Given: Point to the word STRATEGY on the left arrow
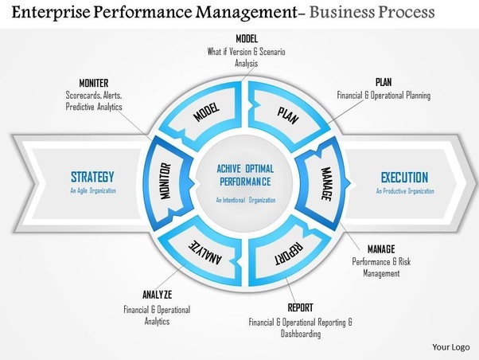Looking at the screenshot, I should click(x=92, y=177).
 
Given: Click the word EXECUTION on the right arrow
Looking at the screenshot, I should click(x=403, y=177).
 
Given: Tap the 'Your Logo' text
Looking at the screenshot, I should click(x=451, y=347).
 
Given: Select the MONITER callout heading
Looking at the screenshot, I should click(x=94, y=83).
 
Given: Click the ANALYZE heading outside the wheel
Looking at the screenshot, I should click(x=157, y=294).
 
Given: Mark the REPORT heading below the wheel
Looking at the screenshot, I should click(x=300, y=307).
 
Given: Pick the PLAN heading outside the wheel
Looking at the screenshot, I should click(x=383, y=81).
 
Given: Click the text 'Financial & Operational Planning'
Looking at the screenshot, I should click(x=383, y=96).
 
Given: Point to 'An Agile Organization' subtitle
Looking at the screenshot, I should click(x=92, y=191).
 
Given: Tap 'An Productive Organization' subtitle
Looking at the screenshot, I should click(x=405, y=191).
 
